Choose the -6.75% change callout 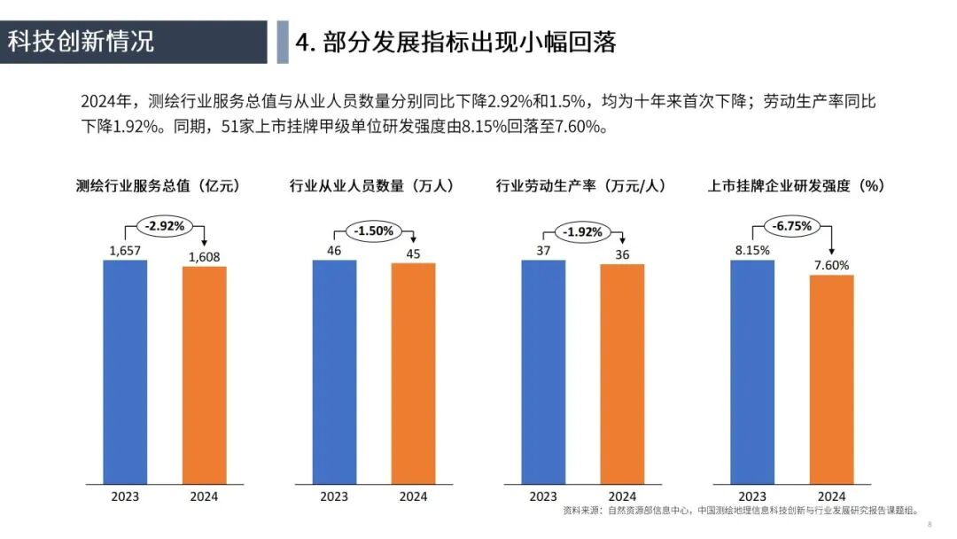tap(791, 226)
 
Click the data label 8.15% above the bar tap(752, 250)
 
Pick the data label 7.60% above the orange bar tap(831, 264)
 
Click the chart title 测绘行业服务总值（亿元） tap(159, 185)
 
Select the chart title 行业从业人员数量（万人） tap(372, 185)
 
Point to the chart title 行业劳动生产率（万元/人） tap(581, 185)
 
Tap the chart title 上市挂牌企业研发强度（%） tap(797, 185)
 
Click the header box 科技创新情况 tap(133, 42)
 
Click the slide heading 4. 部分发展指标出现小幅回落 tap(455, 42)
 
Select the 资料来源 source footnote tap(740, 511)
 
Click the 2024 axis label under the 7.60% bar tap(831, 496)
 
